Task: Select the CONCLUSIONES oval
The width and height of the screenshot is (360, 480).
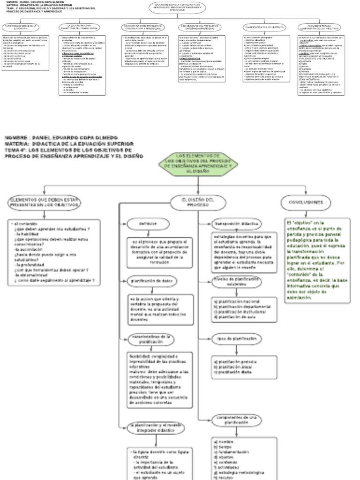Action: tap(302, 202)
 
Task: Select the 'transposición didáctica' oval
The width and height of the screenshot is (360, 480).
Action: tap(237, 224)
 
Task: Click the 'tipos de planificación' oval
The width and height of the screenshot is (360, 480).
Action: tap(237, 338)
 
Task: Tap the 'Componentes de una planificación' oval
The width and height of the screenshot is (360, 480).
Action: tap(237, 419)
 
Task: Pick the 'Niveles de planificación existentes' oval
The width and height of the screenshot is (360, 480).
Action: tap(237, 282)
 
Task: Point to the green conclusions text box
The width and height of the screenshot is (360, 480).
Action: tap(317, 260)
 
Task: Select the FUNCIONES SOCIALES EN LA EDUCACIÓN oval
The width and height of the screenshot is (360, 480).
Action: tap(21, 28)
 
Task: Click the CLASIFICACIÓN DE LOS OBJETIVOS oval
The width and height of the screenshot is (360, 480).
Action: tap(262, 28)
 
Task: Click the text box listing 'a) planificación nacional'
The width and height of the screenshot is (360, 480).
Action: tap(242, 308)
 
